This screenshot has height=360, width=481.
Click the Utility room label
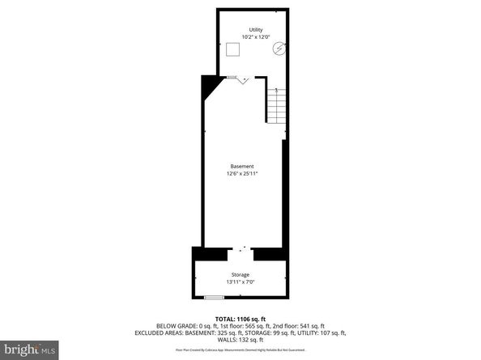point(256,30)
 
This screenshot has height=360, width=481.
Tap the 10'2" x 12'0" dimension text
point(256,37)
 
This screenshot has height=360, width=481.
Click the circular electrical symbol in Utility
point(279,48)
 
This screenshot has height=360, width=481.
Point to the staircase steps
point(277,104)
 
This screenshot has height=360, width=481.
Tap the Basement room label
point(242,166)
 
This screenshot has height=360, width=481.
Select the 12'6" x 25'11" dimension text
point(242,173)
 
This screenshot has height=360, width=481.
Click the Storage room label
point(240,275)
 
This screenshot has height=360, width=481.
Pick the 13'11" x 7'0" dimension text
point(240,282)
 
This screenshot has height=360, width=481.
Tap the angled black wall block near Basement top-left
point(211,85)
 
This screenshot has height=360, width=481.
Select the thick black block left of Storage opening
point(210,253)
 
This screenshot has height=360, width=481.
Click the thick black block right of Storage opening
point(271,253)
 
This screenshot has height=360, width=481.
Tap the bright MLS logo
point(30,349)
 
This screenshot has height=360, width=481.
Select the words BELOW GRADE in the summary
point(172,326)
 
